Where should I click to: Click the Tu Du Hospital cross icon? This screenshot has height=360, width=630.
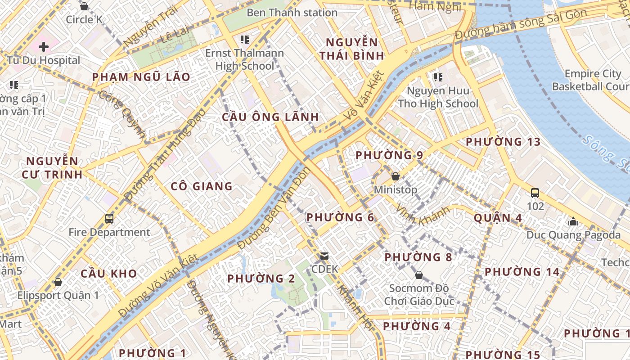(x=44, y=46)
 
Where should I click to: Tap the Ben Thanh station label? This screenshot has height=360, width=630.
(x=292, y=13)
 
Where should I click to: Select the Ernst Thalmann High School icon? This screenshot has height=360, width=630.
(x=244, y=40)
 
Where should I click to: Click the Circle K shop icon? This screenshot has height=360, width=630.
(x=84, y=6)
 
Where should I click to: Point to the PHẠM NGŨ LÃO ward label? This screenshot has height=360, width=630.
(x=141, y=77)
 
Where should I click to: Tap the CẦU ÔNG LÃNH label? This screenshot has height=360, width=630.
(x=270, y=117)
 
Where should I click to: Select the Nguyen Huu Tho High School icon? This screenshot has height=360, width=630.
(x=438, y=77)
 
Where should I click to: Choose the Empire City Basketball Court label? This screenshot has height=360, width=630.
(x=589, y=80)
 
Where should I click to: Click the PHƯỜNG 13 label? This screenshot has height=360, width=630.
(x=503, y=142)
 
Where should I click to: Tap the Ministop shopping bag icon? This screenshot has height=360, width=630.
(x=396, y=176)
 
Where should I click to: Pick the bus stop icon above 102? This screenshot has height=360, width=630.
(x=535, y=193)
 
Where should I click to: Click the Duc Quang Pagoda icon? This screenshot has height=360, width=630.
(x=573, y=221)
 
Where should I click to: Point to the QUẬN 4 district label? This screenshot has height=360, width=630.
(x=498, y=218)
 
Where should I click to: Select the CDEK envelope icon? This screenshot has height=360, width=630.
(x=324, y=256)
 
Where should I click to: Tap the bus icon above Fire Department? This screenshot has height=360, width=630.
(x=109, y=219)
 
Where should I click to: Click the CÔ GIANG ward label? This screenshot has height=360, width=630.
(x=202, y=186)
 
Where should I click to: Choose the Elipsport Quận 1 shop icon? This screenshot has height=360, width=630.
(x=58, y=282)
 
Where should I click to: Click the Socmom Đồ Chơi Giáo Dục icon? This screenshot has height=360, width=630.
(x=419, y=274)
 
